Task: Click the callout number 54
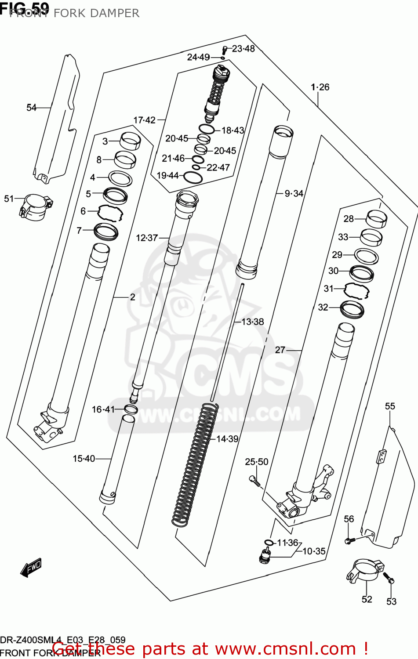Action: [31, 108]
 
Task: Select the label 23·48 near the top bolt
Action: [243, 49]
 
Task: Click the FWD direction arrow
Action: [31, 568]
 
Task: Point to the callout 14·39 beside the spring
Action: [227, 439]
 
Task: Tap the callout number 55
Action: [390, 406]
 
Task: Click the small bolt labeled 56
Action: [349, 540]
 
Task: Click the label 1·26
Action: [320, 87]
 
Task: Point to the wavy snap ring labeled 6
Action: [109, 212]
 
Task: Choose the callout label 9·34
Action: [294, 193]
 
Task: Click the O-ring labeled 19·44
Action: [193, 177]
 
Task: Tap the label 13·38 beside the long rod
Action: [252, 322]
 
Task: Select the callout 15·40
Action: [84, 459]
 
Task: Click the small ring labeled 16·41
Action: [131, 409]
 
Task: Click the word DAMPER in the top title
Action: [116, 13]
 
